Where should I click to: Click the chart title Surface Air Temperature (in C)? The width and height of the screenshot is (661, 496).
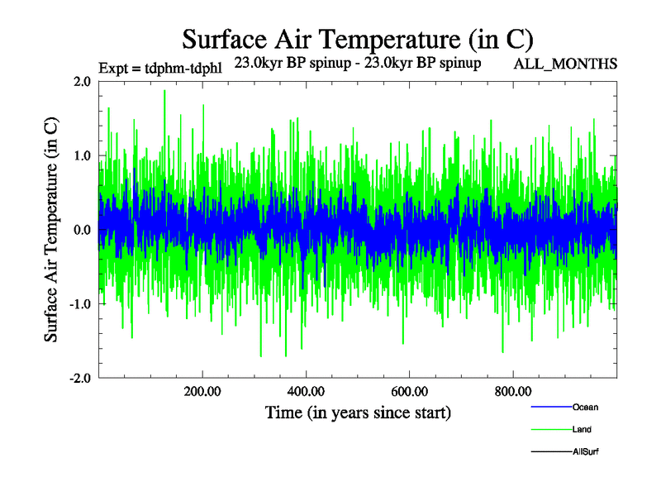click(x=357, y=39)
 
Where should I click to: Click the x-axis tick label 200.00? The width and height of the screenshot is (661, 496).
click(x=202, y=391)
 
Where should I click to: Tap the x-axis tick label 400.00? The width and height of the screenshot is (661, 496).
click(x=306, y=391)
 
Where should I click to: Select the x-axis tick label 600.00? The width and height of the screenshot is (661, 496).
click(x=409, y=391)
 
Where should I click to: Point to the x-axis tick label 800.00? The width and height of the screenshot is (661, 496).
click(x=512, y=391)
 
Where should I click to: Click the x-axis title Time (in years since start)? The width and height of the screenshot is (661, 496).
click(x=358, y=411)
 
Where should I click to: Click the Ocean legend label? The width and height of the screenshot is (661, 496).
click(x=585, y=408)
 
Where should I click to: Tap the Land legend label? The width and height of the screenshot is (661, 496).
click(x=582, y=430)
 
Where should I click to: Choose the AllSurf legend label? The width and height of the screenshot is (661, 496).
click(x=585, y=452)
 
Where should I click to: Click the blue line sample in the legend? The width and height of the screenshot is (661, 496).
click(x=550, y=408)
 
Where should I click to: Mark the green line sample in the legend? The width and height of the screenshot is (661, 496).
click(x=550, y=430)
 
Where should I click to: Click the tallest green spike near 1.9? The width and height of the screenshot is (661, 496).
click(x=164, y=92)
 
